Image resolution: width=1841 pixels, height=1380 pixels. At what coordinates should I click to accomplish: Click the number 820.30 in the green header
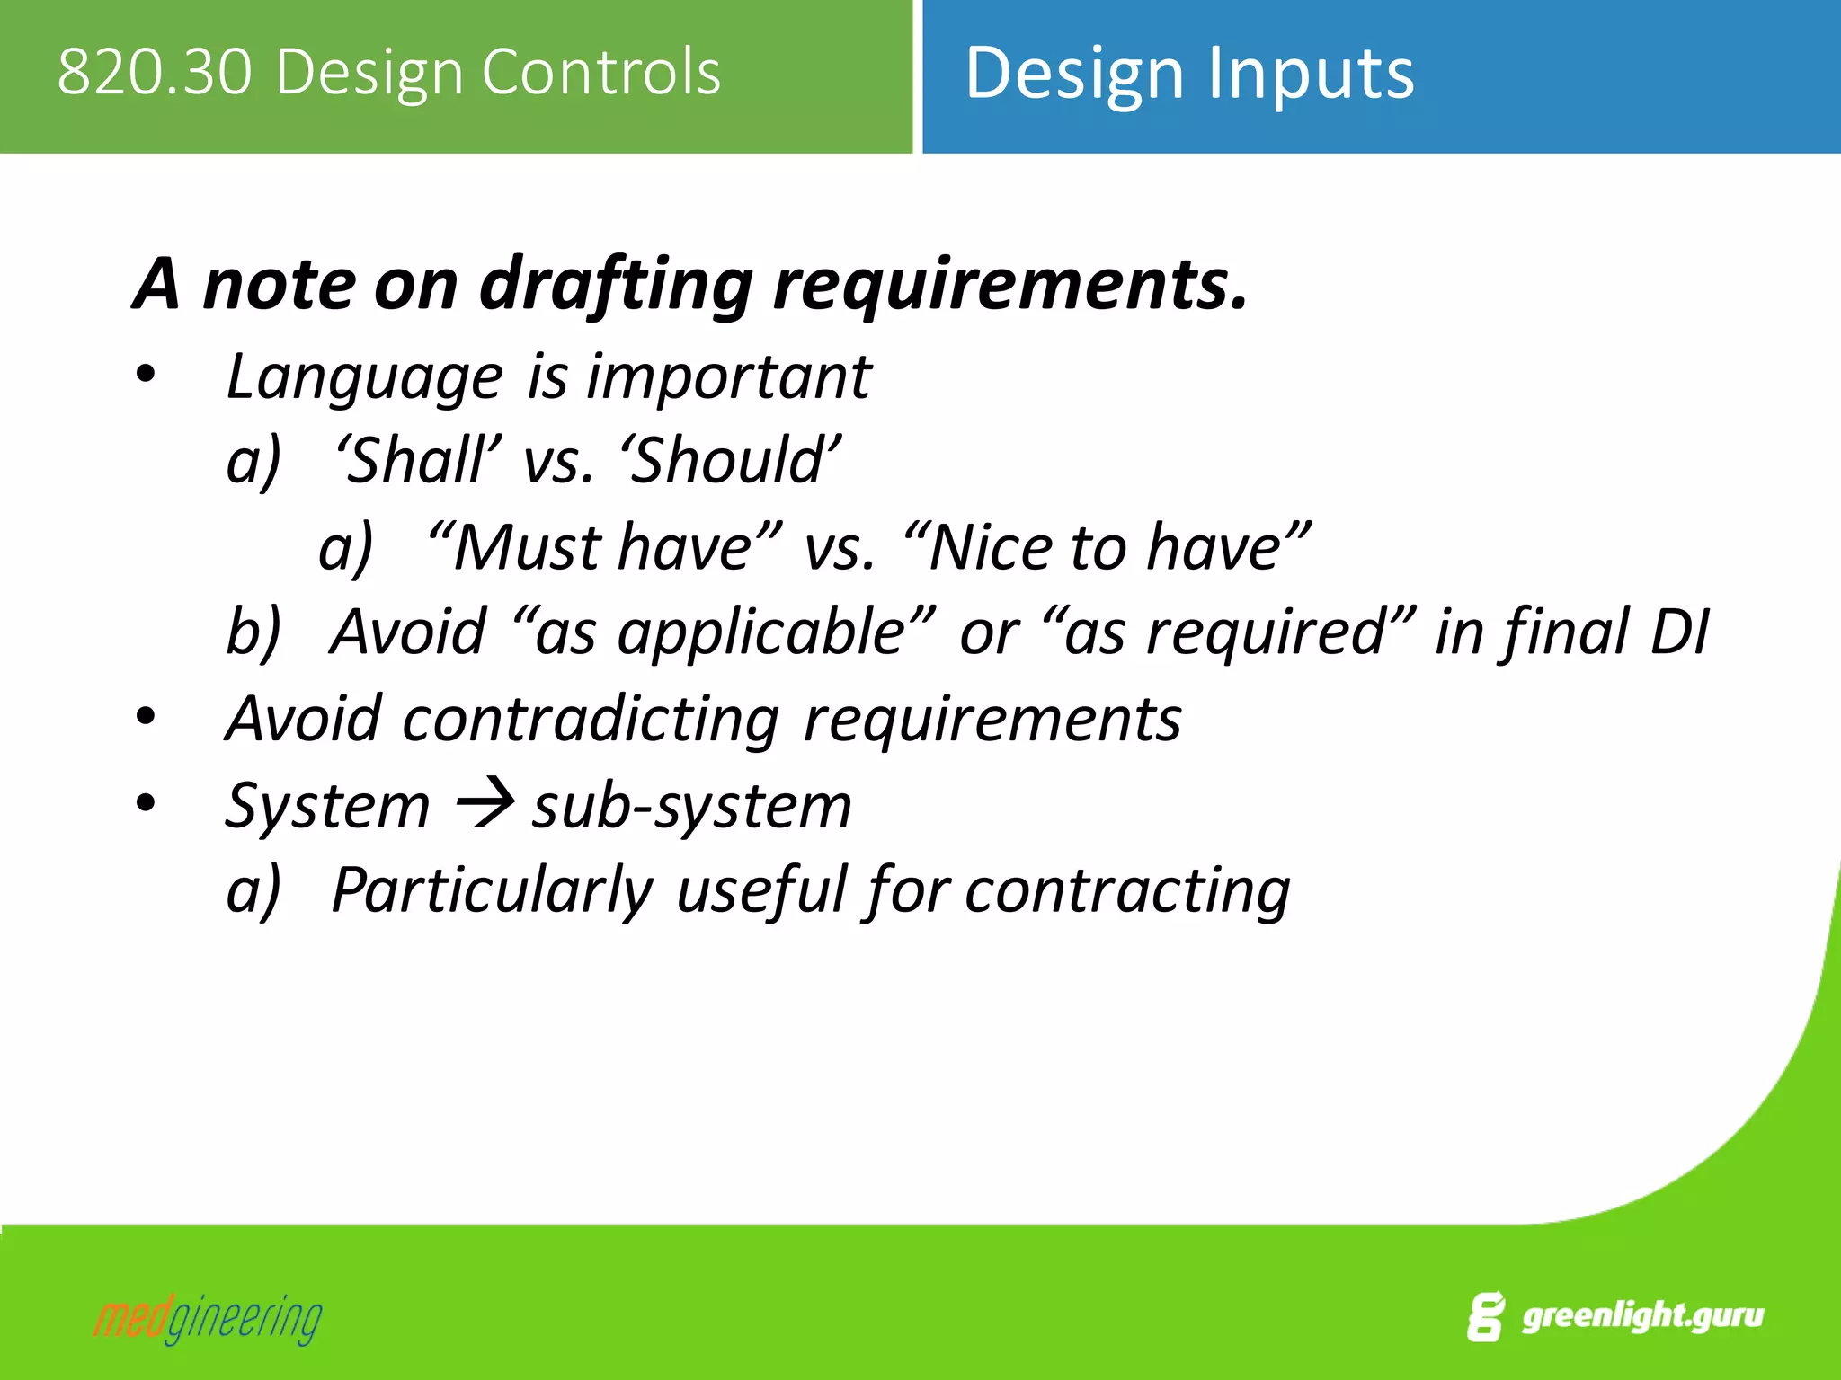point(155,72)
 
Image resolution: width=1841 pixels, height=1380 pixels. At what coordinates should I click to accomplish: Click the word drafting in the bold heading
point(616,285)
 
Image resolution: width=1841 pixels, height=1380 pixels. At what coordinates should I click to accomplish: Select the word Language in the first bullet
point(364,377)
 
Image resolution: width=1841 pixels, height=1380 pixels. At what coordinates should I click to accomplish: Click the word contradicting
point(590,720)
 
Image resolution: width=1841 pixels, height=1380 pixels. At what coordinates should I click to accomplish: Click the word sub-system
point(691,806)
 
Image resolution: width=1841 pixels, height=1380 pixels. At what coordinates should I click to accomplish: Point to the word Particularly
point(492,890)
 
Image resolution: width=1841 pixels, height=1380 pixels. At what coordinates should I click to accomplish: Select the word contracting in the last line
point(1127,890)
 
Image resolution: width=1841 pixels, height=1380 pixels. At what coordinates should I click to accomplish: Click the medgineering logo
point(208,1319)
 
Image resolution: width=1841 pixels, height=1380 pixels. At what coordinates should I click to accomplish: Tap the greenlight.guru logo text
point(1642,1316)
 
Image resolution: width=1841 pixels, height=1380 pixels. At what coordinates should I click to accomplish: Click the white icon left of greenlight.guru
point(1485,1317)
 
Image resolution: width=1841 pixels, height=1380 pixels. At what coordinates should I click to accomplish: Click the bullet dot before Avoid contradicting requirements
point(146,718)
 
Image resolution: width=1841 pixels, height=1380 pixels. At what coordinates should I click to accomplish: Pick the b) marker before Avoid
point(253,632)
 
